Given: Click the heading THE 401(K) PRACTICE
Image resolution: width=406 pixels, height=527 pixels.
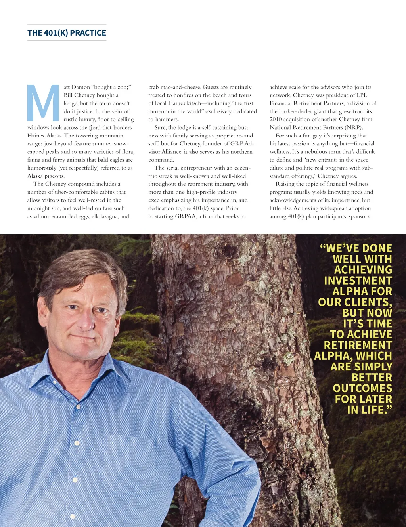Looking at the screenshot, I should click(x=67, y=33).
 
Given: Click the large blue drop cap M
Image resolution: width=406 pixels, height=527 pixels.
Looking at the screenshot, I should click(x=43, y=103).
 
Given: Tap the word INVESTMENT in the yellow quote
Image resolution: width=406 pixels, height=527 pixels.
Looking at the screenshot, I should click(x=358, y=281).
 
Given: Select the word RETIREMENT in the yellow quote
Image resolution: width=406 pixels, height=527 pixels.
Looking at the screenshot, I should click(x=358, y=345).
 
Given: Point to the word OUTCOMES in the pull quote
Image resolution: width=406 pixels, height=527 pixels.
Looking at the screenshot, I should click(x=362, y=388).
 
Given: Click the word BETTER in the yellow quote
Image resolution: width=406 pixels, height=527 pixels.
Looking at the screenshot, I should click(x=372, y=378).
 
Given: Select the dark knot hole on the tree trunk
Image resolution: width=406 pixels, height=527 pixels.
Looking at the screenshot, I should click(x=231, y=252).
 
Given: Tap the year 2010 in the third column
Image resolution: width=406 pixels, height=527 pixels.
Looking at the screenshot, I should click(x=276, y=119).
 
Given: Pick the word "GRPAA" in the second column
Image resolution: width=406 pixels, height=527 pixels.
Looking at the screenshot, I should click(x=186, y=216).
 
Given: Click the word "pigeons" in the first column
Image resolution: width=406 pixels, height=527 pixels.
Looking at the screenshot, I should click(x=54, y=176).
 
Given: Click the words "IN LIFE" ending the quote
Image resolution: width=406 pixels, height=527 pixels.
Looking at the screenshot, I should click(x=369, y=410).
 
